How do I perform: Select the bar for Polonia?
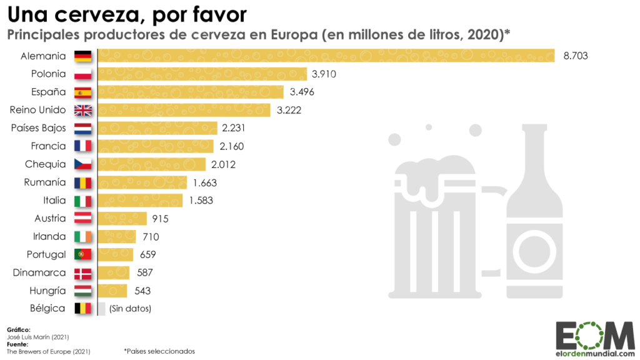202,74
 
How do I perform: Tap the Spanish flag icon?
83,92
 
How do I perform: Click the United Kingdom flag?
83,110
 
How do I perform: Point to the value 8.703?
575,56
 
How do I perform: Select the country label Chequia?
46,164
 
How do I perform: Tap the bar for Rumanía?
142,182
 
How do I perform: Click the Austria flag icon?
83,218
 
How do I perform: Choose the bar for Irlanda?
117,236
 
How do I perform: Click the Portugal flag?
83,254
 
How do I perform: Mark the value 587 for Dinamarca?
144,272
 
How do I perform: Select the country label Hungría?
47,291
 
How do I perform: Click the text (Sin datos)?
130,309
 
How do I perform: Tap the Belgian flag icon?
83,309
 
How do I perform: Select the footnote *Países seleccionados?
159,351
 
